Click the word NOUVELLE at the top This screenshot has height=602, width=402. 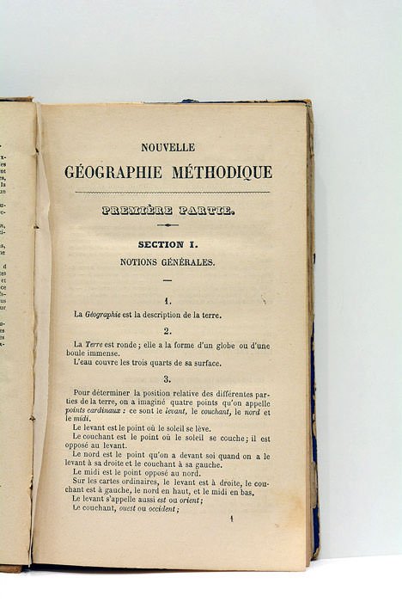pyautogui.click(x=167, y=147)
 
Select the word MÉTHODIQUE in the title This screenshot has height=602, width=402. pyautogui.click(x=221, y=172)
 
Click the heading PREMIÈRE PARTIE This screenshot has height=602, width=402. pyautogui.click(x=167, y=211)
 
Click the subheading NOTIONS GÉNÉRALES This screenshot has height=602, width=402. pyautogui.click(x=167, y=261)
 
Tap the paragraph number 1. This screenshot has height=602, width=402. pyautogui.click(x=167, y=301)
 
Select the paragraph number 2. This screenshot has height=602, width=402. pyautogui.click(x=167, y=330)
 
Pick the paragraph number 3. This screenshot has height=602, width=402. pyautogui.click(x=167, y=378)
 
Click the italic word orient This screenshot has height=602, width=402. pyautogui.click(x=188, y=499)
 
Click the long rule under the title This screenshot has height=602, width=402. pyautogui.click(x=172, y=192)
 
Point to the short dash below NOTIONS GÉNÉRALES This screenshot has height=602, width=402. pyautogui.click(x=167, y=280)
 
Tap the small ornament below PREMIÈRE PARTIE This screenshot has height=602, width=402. pyautogui.click(x=167, y=225)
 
